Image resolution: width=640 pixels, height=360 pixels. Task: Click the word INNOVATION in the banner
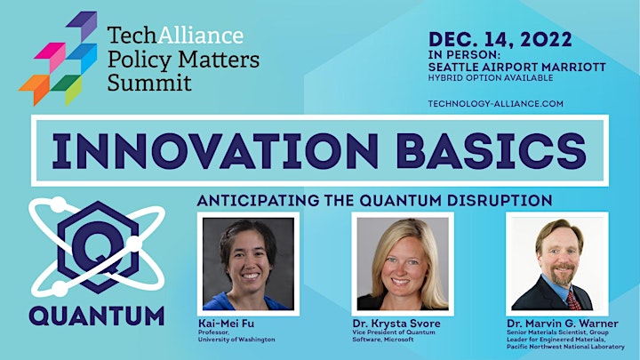click(215, 151)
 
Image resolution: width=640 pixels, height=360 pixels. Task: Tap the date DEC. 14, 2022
click(500, 40)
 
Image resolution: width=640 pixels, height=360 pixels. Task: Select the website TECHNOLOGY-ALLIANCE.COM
click(495, 104)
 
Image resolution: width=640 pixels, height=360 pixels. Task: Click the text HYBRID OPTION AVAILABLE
click(491, 77)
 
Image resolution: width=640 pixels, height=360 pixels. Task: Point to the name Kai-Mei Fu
click(226, 324)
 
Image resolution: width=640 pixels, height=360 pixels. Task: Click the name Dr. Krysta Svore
click(396, 324)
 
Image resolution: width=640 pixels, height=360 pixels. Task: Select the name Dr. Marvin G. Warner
click(563, 324)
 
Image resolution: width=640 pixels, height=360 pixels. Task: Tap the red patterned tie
click(573, 300)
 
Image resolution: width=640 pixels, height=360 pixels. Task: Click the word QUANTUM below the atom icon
click(97, 316)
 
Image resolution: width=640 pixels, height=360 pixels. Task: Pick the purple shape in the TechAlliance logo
click(84, 25)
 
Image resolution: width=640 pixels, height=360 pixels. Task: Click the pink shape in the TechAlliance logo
click(52, 56)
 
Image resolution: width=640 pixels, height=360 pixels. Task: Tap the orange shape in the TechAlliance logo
click(36, 89)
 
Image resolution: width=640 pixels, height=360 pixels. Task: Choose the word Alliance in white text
click(200, 35)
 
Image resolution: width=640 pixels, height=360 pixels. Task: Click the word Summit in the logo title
click(149, 83)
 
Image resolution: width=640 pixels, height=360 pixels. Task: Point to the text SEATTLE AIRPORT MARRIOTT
click(517, 67)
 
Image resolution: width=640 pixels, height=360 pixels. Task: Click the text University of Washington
click(236, 340)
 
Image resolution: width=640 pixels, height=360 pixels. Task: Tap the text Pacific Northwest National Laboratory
click(565, 347)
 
